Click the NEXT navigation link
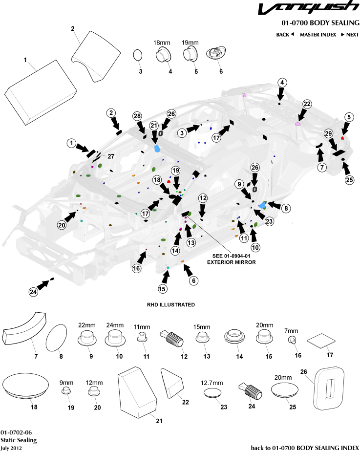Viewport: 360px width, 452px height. pyautogui.click(x=350, y=34)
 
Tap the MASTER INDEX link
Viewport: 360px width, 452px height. pyautogui.click(x=318, y=34)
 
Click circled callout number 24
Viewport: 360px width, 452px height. pyautogui.click(x=33, y=292)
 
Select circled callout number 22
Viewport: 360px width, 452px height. pyautogui.click(x=307, y=104)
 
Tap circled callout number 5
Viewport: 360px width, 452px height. pyautogui.click(x=349, y=117)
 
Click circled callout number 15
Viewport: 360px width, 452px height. pyautogui.click(x=162, y=289)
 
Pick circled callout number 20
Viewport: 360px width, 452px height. pyautogui.click(x=62, y=225)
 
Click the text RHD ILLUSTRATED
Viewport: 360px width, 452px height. pyautogui.click(x=171, y=304)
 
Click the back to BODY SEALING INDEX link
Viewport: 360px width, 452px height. pyautogui.click(x=305, y=447)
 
